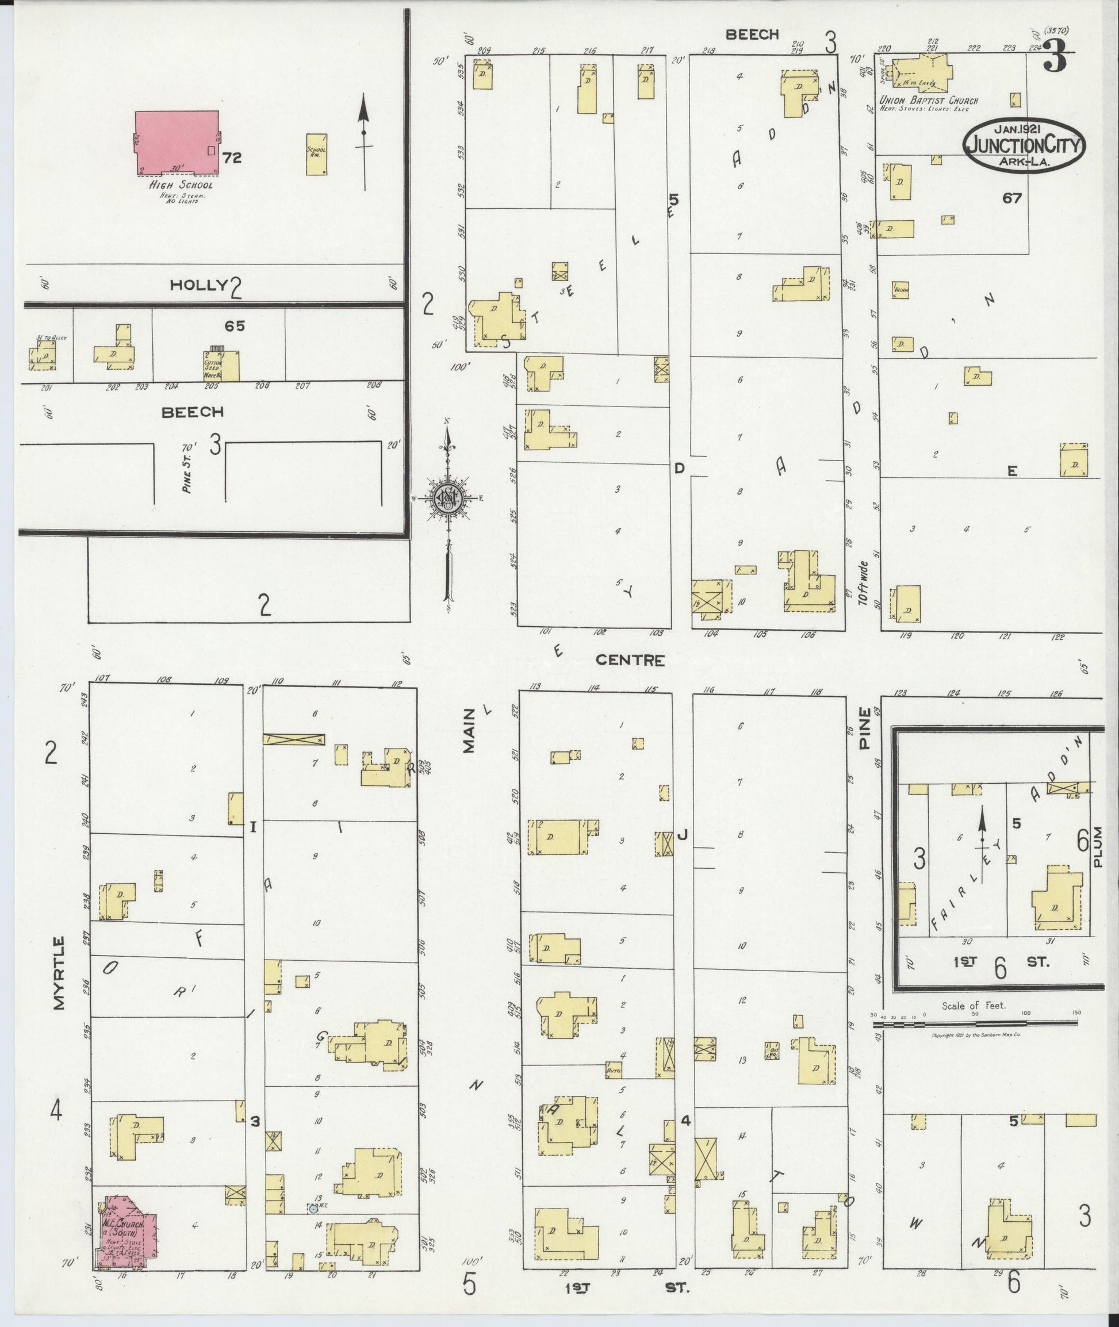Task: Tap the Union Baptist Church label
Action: [928, 100]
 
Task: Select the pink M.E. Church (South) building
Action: [128, 1229]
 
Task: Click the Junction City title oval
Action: [1025, 145]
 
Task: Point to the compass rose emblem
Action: [449, 498]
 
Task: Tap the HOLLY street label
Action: [198, 285]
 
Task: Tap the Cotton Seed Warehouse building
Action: [221, 366]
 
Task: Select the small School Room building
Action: [316, 154]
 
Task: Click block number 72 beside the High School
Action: [232, 158]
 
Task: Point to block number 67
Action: [1012, 198]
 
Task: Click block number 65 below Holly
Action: [234, 326]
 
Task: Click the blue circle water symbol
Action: [312, 1209]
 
